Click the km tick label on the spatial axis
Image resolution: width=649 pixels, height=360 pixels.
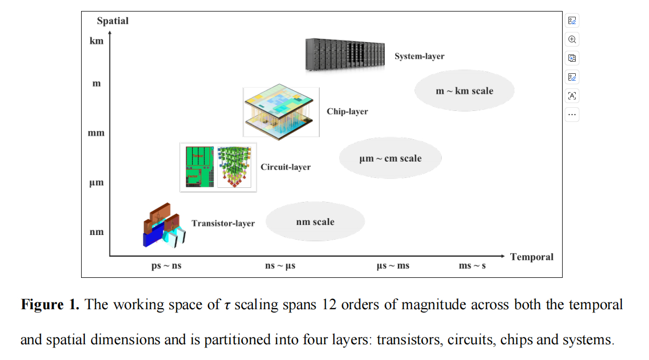click(96, 41)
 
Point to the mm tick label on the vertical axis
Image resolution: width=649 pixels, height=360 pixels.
click(96, 133)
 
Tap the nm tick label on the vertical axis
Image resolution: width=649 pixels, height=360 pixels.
click(96, 232)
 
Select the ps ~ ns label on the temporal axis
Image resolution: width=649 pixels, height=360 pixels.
click(166, 266)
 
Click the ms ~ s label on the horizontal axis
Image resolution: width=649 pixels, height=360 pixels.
click(472, 266)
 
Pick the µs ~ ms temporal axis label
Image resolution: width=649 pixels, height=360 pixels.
click(393, 266)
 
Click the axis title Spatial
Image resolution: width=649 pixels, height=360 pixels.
click(113, 21)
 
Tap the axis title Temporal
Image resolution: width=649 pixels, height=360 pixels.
click(532, 257)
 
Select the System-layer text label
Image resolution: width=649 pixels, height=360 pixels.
click(419, 56)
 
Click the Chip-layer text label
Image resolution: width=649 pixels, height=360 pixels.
click(347, 111)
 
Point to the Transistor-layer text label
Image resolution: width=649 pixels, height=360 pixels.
click(223, 223)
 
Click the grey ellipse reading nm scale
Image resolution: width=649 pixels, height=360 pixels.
click(315, 221)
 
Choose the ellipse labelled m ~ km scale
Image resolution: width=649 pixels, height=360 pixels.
click(464, 91)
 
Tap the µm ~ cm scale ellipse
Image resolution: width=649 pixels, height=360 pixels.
click(390, 158)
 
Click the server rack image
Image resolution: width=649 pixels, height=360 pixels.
click(345, 55)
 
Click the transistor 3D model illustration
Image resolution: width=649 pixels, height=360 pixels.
click(164, 226)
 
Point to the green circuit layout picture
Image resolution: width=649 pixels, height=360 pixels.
click(199, 167)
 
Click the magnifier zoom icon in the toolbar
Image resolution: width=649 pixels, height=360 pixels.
click(572, 39)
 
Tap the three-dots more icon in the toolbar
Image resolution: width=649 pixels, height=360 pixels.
click(572, 115)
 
